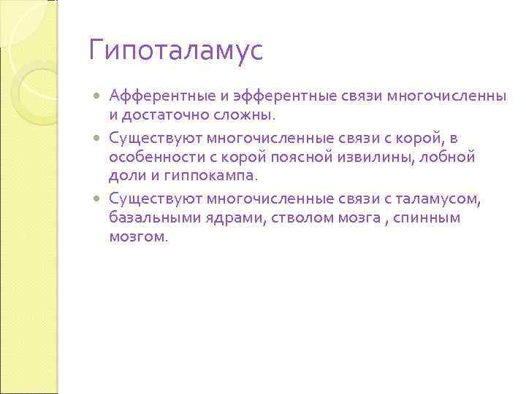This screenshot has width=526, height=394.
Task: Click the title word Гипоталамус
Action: (x=175, y=51)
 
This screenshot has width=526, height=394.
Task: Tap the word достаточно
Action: (x=164, y=115)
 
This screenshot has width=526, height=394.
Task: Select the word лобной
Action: (x=451, y=156)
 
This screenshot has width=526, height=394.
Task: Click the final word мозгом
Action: (x=138, y=237)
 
